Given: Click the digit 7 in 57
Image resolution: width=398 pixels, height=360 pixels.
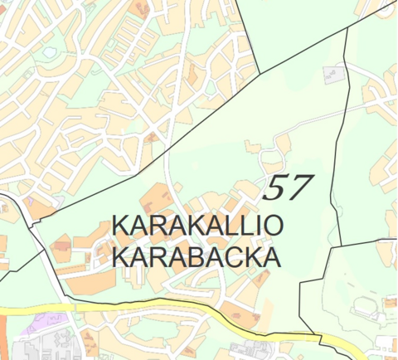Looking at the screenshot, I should click(298, 189).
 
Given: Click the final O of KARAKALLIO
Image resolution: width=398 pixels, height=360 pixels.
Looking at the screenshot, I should click(273, 226).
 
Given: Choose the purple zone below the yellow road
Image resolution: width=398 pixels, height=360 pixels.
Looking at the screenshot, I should click(37, 321).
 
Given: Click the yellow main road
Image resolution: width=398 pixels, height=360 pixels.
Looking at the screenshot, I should click(124, 308).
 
